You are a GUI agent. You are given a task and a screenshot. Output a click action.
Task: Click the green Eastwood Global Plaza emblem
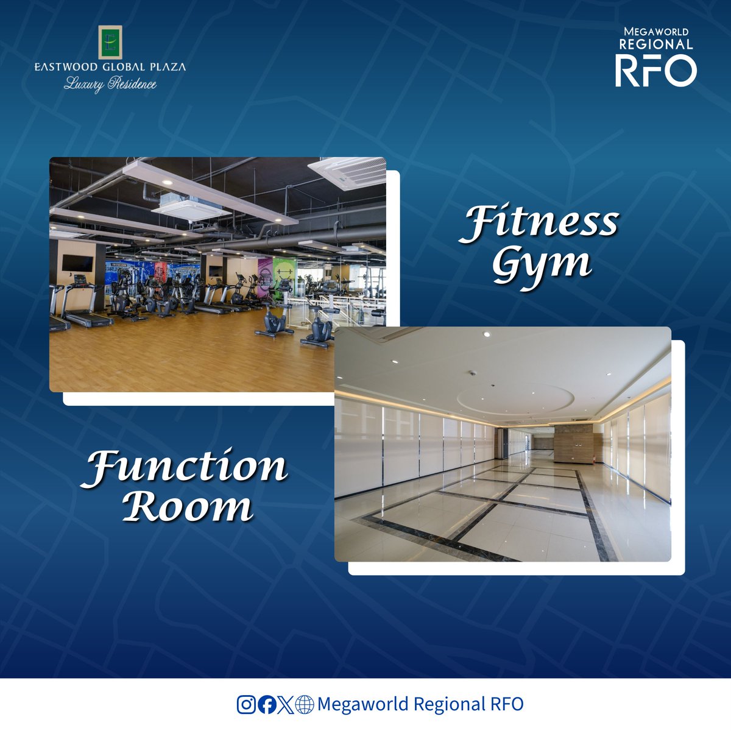click(x=110, y=43)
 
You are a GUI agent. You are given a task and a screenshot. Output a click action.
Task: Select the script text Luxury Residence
click(x=110, y=84)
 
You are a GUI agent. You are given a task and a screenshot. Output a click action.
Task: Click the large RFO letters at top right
click(x=655, y=70)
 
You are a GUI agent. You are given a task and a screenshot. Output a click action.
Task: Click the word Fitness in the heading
click(x=539, y=224)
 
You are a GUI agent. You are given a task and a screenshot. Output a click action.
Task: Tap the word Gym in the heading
click(x=542, y=265)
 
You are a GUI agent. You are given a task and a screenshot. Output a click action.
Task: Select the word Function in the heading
click(x=185, y=468)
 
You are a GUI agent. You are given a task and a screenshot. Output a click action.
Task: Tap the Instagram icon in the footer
click(x=246, y=705)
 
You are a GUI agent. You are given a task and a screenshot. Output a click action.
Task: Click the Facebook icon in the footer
click(x=266, y=705)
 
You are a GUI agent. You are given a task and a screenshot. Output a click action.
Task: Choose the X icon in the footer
click(x=285, y=705)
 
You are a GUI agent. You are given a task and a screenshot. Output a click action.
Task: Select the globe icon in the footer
click(x=305, y=705)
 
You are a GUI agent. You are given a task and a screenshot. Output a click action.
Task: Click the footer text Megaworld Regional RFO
click(x=420, y=704)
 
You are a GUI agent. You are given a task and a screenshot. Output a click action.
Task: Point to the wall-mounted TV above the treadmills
click(x=78, y=263)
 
